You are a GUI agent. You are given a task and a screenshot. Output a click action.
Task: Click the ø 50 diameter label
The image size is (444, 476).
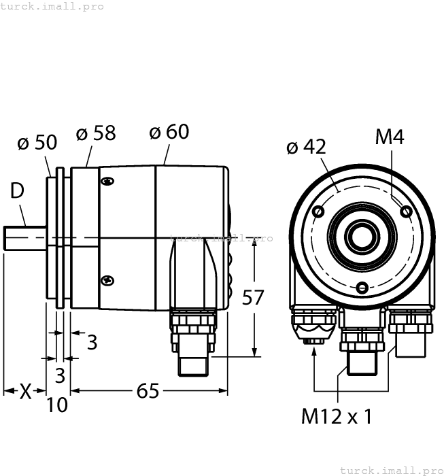37,143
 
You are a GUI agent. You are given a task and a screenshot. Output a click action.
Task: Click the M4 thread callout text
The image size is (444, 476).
390,138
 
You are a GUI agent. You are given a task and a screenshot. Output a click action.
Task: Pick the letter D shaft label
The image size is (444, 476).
17,191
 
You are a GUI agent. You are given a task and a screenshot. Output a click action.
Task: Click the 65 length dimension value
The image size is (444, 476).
148,391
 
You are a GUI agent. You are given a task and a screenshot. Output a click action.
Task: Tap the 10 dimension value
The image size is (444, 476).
58,405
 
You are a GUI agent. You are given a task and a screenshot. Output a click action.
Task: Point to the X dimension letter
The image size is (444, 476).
25,391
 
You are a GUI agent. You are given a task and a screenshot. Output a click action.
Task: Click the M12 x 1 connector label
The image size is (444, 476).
337,417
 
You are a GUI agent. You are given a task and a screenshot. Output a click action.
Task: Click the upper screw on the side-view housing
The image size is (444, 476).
107,181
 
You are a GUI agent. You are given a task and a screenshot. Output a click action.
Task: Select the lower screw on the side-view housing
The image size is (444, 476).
107,279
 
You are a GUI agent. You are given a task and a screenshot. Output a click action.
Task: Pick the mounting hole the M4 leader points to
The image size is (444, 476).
406,211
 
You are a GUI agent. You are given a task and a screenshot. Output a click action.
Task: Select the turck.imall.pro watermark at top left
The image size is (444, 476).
52,6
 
